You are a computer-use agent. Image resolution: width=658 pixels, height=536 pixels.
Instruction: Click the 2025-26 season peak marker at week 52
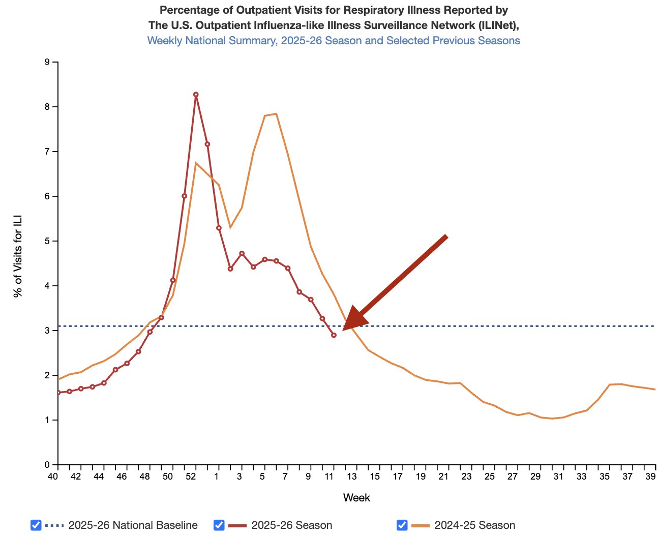click(x=196, y=95)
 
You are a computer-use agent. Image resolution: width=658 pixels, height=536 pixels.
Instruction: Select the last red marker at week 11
click(x=334, y=335)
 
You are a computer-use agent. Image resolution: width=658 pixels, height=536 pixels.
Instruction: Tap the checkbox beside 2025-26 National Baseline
click(x=36, y=525)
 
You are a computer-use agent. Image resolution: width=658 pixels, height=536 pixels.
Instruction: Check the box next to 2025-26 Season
click(x=219, y=525)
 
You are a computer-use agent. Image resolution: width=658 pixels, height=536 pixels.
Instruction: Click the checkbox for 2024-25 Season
click(x=402, y=525)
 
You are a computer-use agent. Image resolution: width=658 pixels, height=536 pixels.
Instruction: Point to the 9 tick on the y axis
click(x=47, y=63)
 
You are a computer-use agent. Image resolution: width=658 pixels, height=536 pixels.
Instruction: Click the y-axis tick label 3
click(x=47, y=331)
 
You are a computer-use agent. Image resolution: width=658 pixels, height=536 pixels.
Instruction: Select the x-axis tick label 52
click(x=191, y=477)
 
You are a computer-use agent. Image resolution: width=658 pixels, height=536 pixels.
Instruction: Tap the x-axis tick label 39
click(x=650, y=477)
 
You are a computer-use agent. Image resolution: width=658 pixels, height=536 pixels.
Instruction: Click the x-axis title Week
click(x=356, y=498)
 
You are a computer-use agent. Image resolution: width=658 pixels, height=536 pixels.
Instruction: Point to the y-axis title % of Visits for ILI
click(x=18, y=256)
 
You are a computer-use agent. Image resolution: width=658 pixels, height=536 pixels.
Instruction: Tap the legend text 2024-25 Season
click(x=474, y=525)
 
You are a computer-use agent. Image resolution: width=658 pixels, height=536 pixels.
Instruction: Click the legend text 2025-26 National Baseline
click(x=133, y=525)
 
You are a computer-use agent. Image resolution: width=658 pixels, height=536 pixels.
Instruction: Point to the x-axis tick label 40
click(x=53, y=477)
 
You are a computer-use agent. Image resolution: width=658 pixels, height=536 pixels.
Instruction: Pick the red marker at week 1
click(x=219, y=228)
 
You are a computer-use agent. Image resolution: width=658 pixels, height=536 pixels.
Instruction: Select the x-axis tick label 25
click(x=490, y=477)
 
